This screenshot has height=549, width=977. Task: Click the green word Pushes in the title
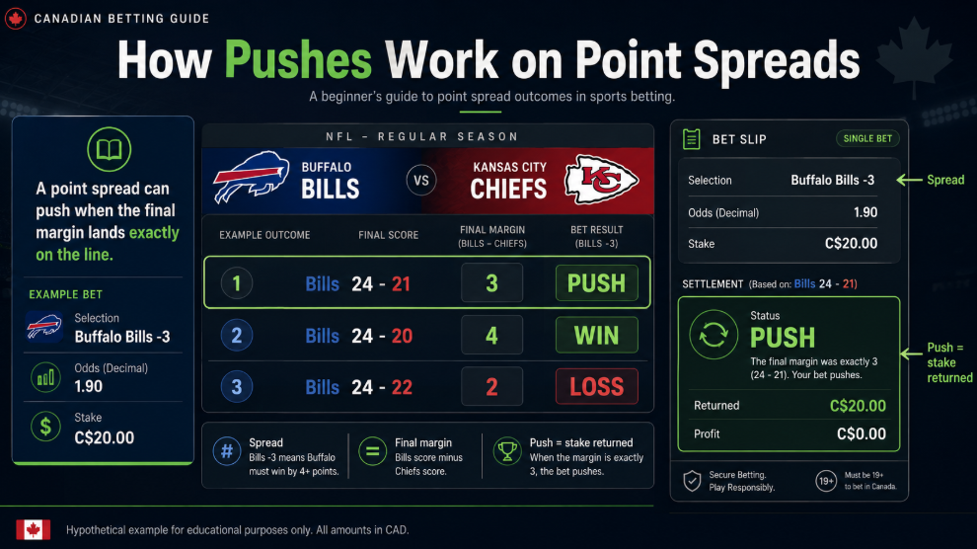tap(298, 61)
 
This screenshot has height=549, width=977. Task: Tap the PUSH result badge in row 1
tap(596, 283)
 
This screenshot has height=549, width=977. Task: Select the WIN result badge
tap(596, 336)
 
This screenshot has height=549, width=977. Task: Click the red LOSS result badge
tap(596, 386)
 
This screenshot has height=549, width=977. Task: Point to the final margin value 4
tap(491, 336)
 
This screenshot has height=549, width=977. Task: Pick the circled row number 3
tap(236, 386)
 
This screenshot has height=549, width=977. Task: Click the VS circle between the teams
tap(421, 181)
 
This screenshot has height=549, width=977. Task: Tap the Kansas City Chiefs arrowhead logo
tap(601, 180)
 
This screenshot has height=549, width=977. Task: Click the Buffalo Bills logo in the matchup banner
tap(251, 177)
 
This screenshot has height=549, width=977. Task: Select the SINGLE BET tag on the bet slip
tap(867, 138)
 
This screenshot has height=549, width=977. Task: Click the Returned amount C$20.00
tap(858, 406)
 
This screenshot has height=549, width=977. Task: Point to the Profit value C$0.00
tap(862, 433)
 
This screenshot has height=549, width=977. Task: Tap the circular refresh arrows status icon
tap(714, 335)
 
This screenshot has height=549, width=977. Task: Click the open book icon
tap(109, 149)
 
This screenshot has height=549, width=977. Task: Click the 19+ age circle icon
tap(826, 481)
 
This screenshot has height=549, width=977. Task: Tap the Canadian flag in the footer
tap(33, 529)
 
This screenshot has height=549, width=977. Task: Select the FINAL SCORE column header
tap(388, 235)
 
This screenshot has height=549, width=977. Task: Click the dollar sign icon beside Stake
tap(45, 427)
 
